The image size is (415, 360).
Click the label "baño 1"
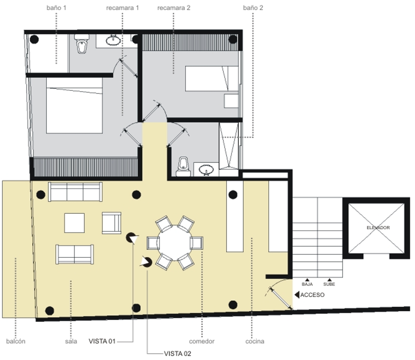56,8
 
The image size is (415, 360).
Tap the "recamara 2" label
174,8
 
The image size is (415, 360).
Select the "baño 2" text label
253,8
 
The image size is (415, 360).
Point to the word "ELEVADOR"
378,228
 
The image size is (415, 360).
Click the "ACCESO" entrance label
312,295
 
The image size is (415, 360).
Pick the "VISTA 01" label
102,341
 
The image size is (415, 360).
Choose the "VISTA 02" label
178,354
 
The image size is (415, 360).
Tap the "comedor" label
202,342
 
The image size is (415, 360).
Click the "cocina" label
255,342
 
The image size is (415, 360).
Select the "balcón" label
16,342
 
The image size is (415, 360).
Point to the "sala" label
71,342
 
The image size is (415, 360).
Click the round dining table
175,243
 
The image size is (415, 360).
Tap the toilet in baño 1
82,44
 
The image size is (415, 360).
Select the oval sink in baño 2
206,169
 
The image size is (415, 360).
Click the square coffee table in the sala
74,223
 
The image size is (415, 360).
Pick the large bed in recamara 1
74,106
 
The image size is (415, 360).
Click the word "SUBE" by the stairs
329,284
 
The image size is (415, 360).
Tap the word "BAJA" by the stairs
307,284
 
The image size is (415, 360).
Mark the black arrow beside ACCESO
297,295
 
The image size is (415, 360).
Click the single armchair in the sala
111,223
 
